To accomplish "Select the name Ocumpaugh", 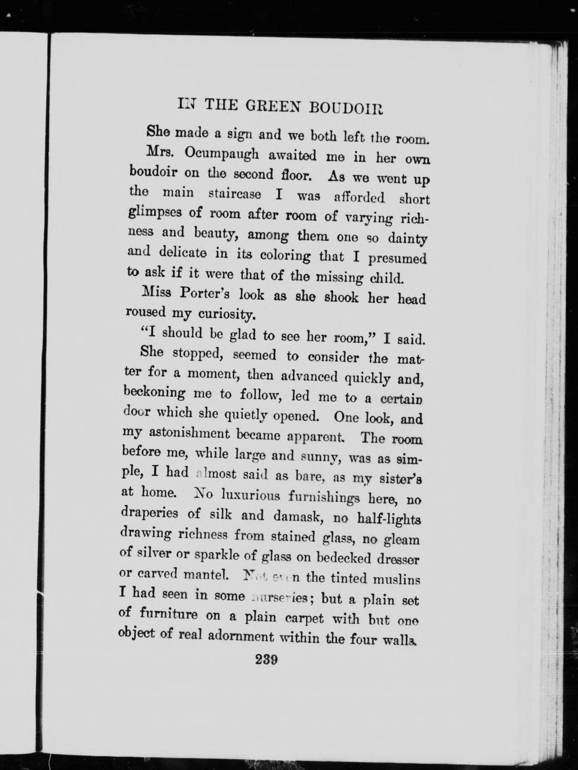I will tap(222, 154).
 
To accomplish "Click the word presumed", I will tap(397, 259).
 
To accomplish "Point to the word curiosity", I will tap(227, 314).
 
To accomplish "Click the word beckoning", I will tap(155, 393).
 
